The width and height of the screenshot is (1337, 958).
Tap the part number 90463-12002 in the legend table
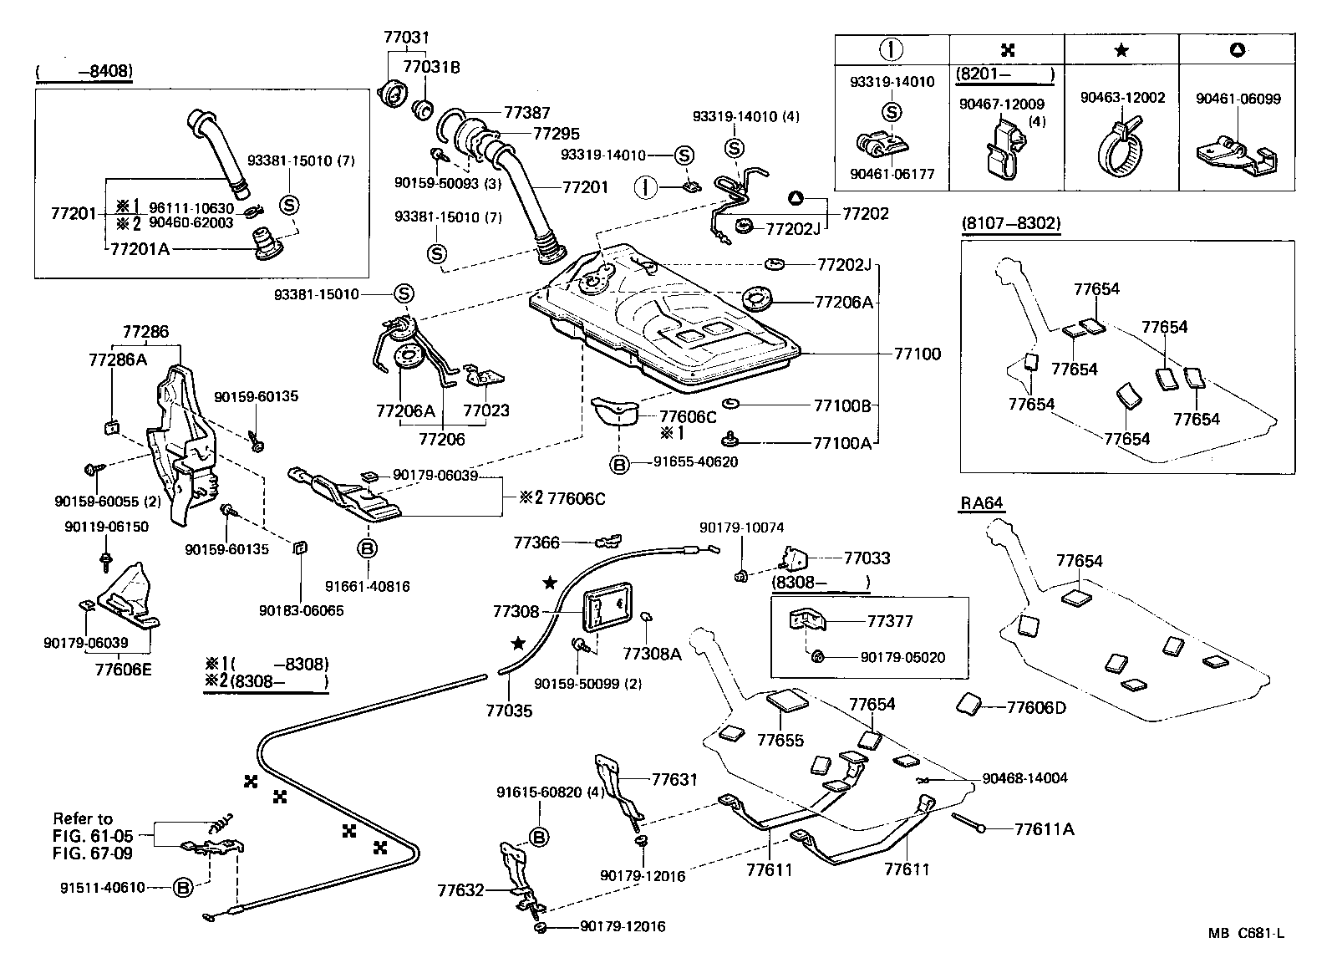pyautogui.click(x=1122, y=99)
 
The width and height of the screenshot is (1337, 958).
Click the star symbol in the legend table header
pyautogui.click(x=1121, y=51)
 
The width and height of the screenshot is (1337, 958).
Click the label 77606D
pyautogui.click(x=1036, y=708)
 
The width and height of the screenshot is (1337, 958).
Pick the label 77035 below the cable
pyautogui.click(x=509, y=711)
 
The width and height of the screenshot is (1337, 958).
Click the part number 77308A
pyautogui.click(x=652, y=655)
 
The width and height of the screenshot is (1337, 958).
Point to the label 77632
pyautogui.click(x=460, y=890)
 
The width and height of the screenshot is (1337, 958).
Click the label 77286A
pyautogui.click(x=118, y=359)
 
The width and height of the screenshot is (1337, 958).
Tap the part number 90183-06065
pyautogui.click(x=301, y=611)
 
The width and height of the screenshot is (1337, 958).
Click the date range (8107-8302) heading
pyautogui.click(x=1011, y=223)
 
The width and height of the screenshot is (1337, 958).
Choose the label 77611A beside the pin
pyautogui.click(x=1045, y=829)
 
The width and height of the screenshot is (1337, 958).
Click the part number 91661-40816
pyautogui.click(x=368, y=587)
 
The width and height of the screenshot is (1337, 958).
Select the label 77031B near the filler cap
pyautogui.click(x=432, y=66)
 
